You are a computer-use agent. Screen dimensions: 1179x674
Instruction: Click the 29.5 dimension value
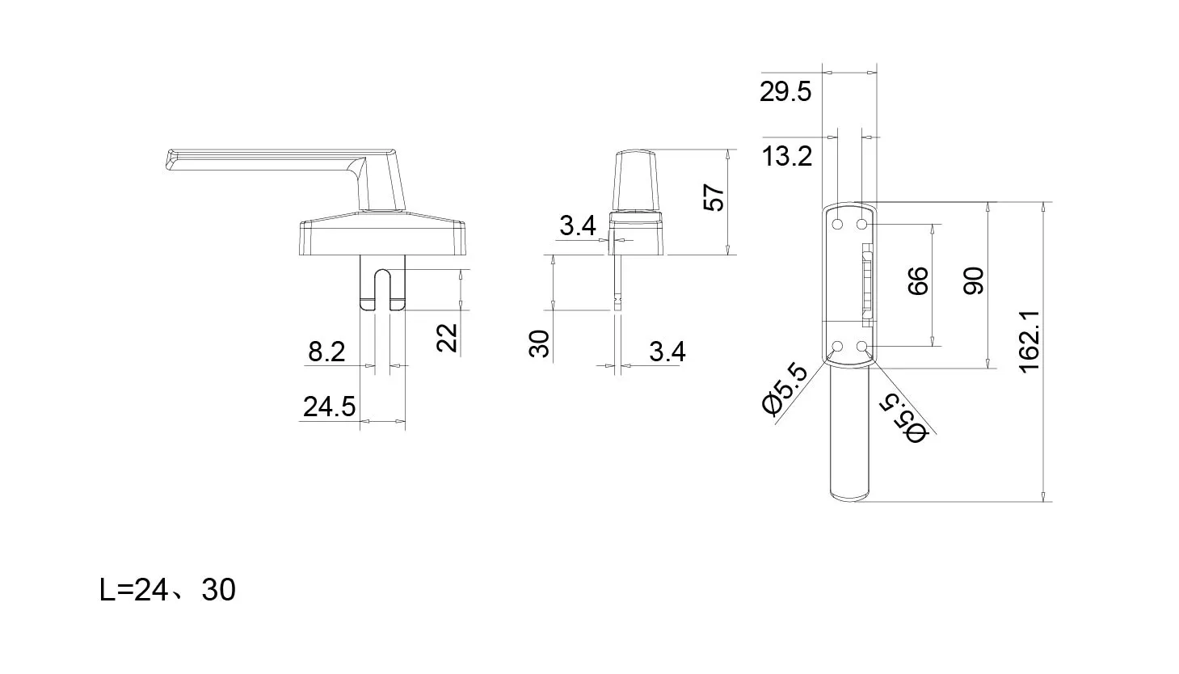(785, 92)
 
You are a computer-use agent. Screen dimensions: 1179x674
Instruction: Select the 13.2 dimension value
(787, 157)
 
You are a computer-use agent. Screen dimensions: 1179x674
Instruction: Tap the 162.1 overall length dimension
(1030, 342)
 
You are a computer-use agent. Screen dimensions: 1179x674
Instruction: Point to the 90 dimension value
(973, 280)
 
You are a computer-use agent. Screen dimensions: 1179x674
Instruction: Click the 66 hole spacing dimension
(918, 280)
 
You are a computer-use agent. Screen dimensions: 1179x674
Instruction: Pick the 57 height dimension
(714, 197)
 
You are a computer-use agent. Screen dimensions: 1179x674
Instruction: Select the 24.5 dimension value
(329, 407)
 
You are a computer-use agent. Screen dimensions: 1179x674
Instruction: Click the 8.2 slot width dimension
(326, 352)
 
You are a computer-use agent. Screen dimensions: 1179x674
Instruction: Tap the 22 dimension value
(447, 337)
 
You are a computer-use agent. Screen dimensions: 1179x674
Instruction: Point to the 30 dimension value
(539, 343)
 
